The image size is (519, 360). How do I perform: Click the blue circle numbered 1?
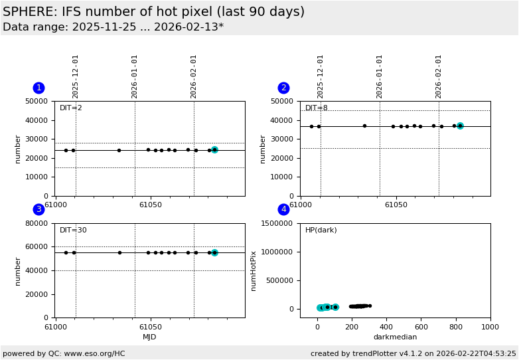coord(38,88)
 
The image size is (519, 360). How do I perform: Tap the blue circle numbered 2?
coord(283,88)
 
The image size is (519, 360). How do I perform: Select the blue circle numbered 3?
coord(38,209)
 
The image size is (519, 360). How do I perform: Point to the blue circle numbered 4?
coord(283,209)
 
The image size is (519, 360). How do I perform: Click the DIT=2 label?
coord(71,108)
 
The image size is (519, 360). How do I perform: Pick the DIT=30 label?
coord(73,230)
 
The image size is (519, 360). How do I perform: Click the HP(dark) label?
coord(321,230)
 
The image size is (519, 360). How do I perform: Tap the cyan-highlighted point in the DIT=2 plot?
coord(214,150)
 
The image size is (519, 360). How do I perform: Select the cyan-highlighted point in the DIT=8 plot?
coord(460,126)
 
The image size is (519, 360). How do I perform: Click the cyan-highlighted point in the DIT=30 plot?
coord(214,252)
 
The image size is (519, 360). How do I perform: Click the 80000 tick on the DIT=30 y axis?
coord(38,224)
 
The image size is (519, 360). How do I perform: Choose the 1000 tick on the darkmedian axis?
coord(490,326)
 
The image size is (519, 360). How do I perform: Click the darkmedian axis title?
coord(395,337)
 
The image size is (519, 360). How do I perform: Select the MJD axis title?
coord(150,337)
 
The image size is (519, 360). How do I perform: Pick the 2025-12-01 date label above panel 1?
coord(76,76)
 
